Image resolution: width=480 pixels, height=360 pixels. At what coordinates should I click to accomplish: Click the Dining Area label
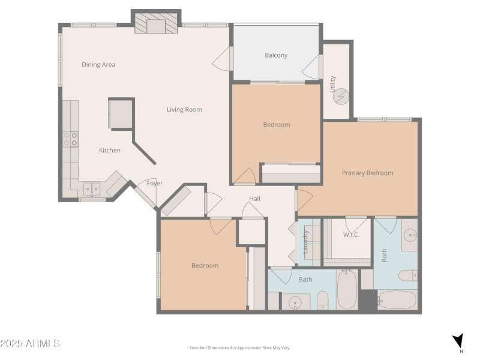click(98, 64)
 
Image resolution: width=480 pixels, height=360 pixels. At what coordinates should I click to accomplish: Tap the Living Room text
click(184, 109)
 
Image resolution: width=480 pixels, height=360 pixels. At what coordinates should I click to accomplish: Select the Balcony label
click(276, 55)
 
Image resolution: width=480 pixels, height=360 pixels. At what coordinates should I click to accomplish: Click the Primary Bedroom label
click(367, 173)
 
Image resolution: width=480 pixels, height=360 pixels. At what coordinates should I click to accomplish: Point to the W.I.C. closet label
click(351, 235)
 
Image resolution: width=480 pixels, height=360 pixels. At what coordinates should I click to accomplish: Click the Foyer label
click(155, 184)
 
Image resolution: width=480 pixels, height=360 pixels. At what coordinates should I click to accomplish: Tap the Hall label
click(254, 199)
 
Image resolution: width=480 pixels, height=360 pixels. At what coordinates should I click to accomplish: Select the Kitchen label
click(110, 150)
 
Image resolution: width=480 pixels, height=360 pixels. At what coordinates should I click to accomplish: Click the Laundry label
click(305, 242)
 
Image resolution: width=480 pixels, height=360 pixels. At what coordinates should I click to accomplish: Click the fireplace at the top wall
click(157, 25)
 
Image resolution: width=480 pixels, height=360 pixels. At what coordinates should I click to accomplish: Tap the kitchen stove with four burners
click(71, 139)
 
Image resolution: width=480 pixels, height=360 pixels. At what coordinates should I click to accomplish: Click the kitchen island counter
click(121, 113)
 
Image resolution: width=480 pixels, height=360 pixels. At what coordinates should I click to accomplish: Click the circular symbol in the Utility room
click(340, 95)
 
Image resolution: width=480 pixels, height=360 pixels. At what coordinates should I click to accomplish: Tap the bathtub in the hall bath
click(347, 290)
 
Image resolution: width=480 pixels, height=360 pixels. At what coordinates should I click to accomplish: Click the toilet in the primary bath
click(407, 275)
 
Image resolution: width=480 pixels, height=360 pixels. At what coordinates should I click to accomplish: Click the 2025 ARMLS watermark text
click(30, 344)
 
